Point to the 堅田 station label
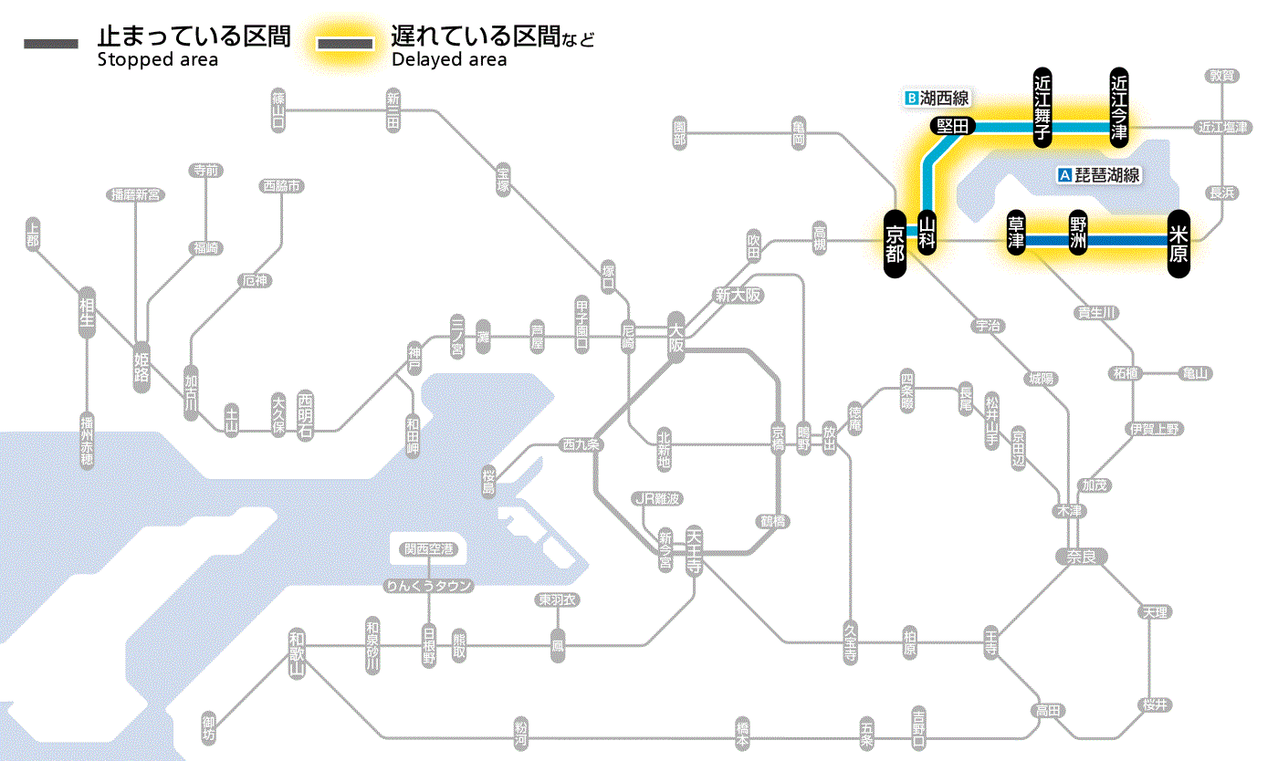coord(953,126)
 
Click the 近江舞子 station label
coord(1042,106)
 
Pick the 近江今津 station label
coord(1119,106)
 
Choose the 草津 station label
coord(1015,234)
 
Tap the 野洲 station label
coord(1078,234)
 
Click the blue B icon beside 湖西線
coord(909,97)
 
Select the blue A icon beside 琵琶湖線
coord(1063,175)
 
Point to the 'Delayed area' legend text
coord(449,60)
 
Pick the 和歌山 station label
coord(296,653)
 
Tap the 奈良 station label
coord(1080,556)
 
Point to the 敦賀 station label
coord(1223,76)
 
